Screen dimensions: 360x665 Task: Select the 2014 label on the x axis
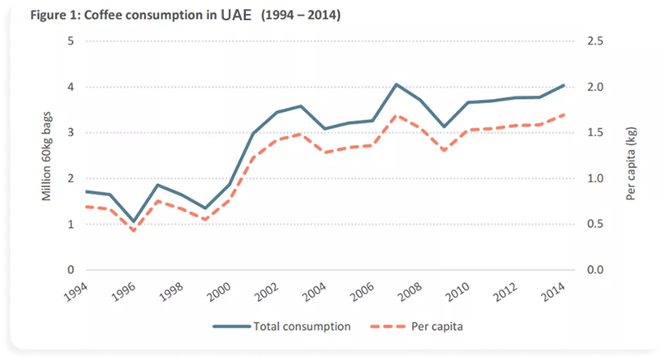(x=552, y=289)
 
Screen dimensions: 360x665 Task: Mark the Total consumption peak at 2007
(x=396, y=84)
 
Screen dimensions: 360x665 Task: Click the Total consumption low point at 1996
(x=134, y=221)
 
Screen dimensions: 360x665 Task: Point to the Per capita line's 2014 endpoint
(x=564, y=114)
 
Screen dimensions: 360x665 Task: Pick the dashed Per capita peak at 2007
(x=396, y=115)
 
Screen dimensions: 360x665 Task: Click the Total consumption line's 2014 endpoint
(x=564, y=85)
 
